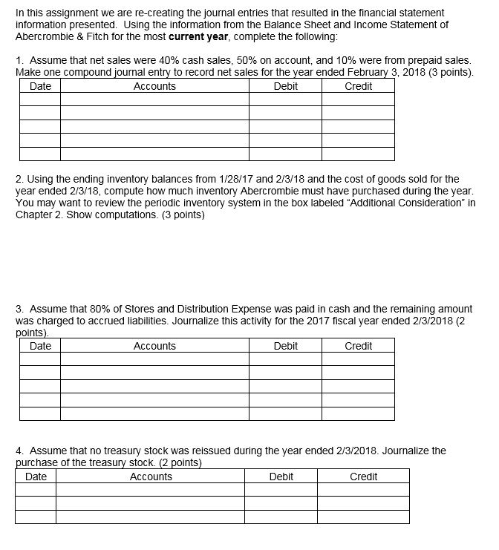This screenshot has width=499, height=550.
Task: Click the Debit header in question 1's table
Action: [x=286, y=86]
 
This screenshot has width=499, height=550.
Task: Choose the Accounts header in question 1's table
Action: [x=154, y=86]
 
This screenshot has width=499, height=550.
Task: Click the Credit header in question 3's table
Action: [x=359, y=346]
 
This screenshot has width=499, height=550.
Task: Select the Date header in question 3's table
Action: [x=40, y=346]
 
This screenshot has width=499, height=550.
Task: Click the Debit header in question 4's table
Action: [x=281, y=477]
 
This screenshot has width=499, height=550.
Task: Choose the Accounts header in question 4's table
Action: [x=151, y=477]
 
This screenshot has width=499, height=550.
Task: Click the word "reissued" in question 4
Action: [x=196, y=451]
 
